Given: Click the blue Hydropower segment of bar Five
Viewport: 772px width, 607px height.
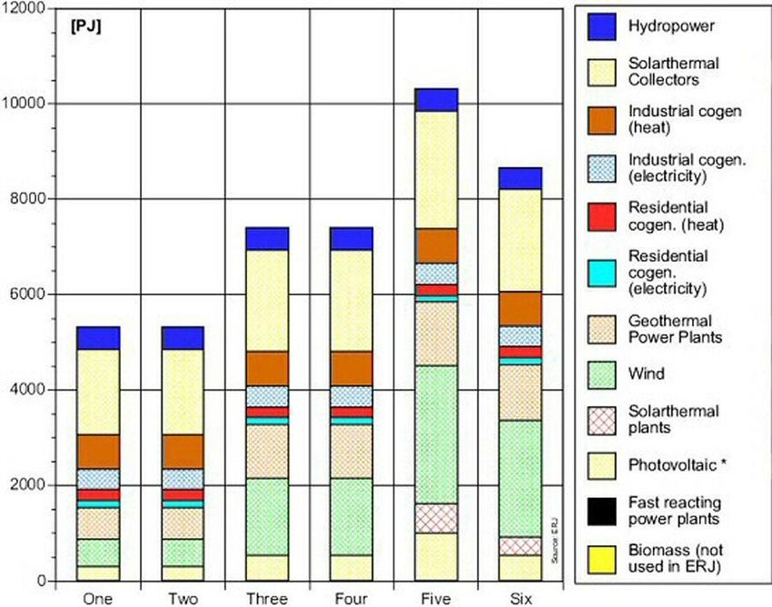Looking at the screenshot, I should click(x=436, y=100).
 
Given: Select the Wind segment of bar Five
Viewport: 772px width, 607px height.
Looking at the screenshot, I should click(x=436, y=434).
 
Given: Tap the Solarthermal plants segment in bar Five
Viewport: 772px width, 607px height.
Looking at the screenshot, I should click(x=436, y=518).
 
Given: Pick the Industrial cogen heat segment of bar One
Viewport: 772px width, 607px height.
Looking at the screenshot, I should click(x=98, y=452).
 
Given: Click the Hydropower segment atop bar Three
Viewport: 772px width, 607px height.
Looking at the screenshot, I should click(x=267, y=238).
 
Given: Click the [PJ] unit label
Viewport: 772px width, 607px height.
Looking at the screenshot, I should click(x=85, y=26).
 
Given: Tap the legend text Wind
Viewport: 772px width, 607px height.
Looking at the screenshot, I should click(x=645, y=373).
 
